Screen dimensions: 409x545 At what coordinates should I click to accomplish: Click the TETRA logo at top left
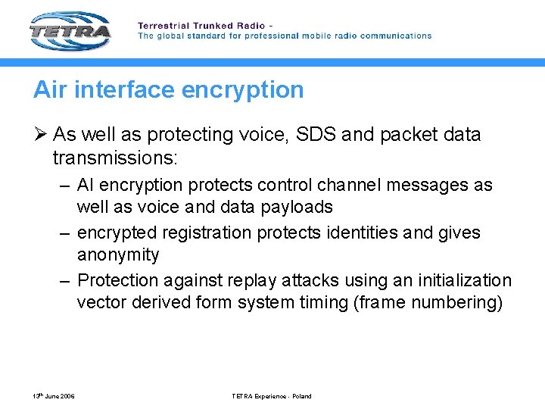pos(70,31)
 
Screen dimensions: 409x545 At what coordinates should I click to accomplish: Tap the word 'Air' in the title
pos(49,90)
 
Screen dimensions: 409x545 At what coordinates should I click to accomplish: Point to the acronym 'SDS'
pos(311,135)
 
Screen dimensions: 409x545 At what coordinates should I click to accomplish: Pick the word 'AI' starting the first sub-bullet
pos(87,186)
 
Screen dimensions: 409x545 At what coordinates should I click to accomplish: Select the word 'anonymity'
pos(118,254)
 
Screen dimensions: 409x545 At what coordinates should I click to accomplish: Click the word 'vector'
pos(101,302)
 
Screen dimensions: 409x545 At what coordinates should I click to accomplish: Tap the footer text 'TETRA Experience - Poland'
pos(272,396)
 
